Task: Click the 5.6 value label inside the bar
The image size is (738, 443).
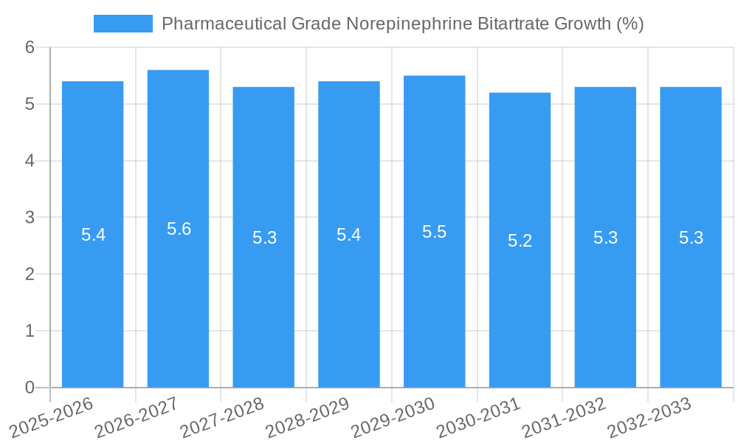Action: point(179,229)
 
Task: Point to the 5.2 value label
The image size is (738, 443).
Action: point(520,241)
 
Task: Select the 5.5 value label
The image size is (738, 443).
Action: point(434,232)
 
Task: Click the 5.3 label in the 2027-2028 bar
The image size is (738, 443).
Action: point(264,238)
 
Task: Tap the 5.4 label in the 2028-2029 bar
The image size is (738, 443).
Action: point(348,235)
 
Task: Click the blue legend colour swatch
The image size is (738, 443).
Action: point(123,24)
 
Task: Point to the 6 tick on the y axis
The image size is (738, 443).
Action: point(30,47)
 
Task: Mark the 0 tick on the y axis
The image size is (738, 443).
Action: point(30,388)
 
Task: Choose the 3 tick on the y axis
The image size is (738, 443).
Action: point(30,218)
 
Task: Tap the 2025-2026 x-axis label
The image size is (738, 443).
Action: point(52,417)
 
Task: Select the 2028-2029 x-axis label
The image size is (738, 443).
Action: point(308,417)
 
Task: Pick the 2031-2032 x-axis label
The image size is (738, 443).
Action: point(564,417)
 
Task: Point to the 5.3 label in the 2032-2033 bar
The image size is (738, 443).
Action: point(691,238)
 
